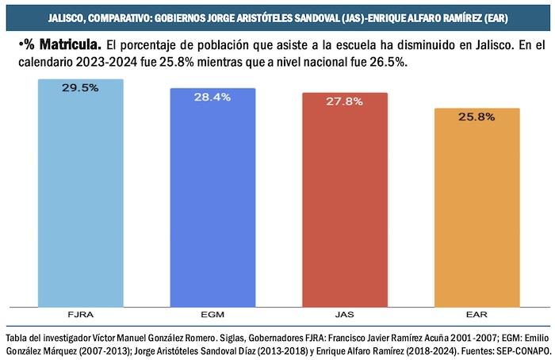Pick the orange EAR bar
[x=477, y=210]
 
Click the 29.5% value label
[x=81, y=88]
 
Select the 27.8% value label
[x=345, y=101]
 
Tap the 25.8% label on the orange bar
[x=477, y=117]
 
